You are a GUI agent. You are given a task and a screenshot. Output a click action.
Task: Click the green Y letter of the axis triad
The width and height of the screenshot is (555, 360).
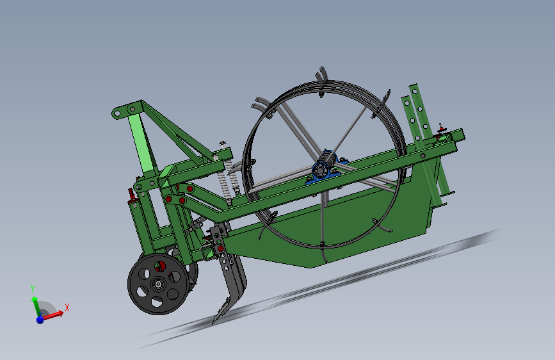pyautogui.click(x=32, y=288)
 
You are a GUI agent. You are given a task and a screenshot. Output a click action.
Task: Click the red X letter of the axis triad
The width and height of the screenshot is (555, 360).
pyautogui.click(x=67, y=307)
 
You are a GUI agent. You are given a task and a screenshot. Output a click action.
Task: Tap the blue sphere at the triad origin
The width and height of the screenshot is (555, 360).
pyautogui.click(x=40, y=318)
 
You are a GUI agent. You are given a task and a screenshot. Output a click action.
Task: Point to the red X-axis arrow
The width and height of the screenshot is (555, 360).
pyautogui.click(x=54, y=314)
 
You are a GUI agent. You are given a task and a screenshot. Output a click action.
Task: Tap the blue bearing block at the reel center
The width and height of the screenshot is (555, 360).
pyautogui.click(x=326, y=170)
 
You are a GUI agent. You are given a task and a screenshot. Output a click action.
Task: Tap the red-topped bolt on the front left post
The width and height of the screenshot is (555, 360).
pyautogui.click(x=132, y=193)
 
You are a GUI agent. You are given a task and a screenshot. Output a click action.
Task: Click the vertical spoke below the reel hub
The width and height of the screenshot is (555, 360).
pyautogui.click(x=323, y=211)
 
